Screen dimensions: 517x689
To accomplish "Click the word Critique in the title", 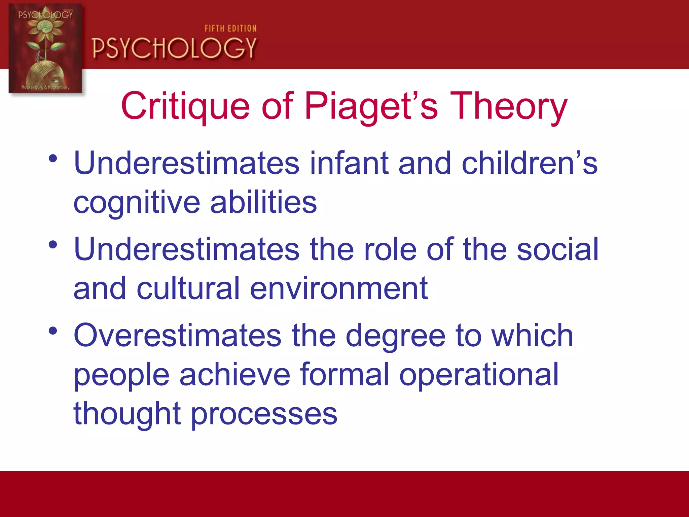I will point(185,106).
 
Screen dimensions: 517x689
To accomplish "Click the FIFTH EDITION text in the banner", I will point(230,29).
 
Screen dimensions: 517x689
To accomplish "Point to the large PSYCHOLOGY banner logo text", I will point(174,48).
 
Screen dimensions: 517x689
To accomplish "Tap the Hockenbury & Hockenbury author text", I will point(45,87).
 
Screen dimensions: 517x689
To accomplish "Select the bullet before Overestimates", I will point(53,331).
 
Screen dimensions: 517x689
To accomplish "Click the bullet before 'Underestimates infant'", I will point(53,158).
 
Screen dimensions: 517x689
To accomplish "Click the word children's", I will point(530,163).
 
